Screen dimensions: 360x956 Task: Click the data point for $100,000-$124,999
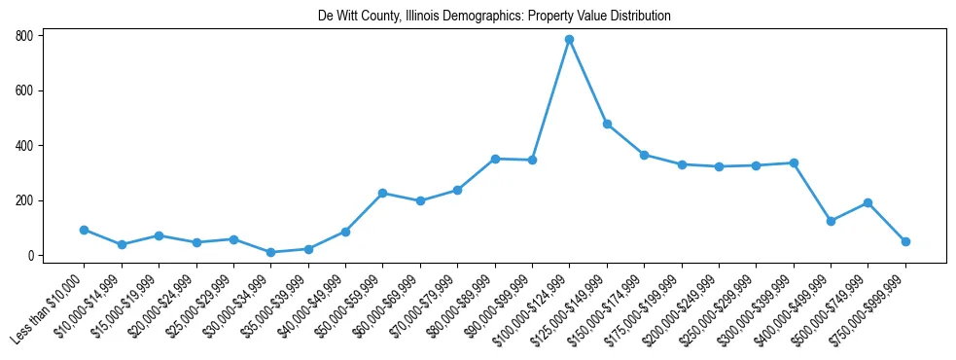(569, 40)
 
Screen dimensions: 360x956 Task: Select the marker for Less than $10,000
(85, 230)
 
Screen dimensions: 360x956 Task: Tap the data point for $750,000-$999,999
(905, 241)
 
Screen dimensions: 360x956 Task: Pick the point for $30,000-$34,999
(271, 252)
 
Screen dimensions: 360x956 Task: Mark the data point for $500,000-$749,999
(867, 202)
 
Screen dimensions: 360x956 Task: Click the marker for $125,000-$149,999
(607, 125)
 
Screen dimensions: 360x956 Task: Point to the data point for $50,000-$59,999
(383, 193)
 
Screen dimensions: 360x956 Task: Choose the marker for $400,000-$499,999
(831, 221)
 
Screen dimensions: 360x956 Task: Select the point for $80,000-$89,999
(495, 159)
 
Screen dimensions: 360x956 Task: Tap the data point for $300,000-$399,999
(794, 162)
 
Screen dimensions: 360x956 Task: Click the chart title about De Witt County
(494, 17)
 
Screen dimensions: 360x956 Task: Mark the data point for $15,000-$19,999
(159, 235)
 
